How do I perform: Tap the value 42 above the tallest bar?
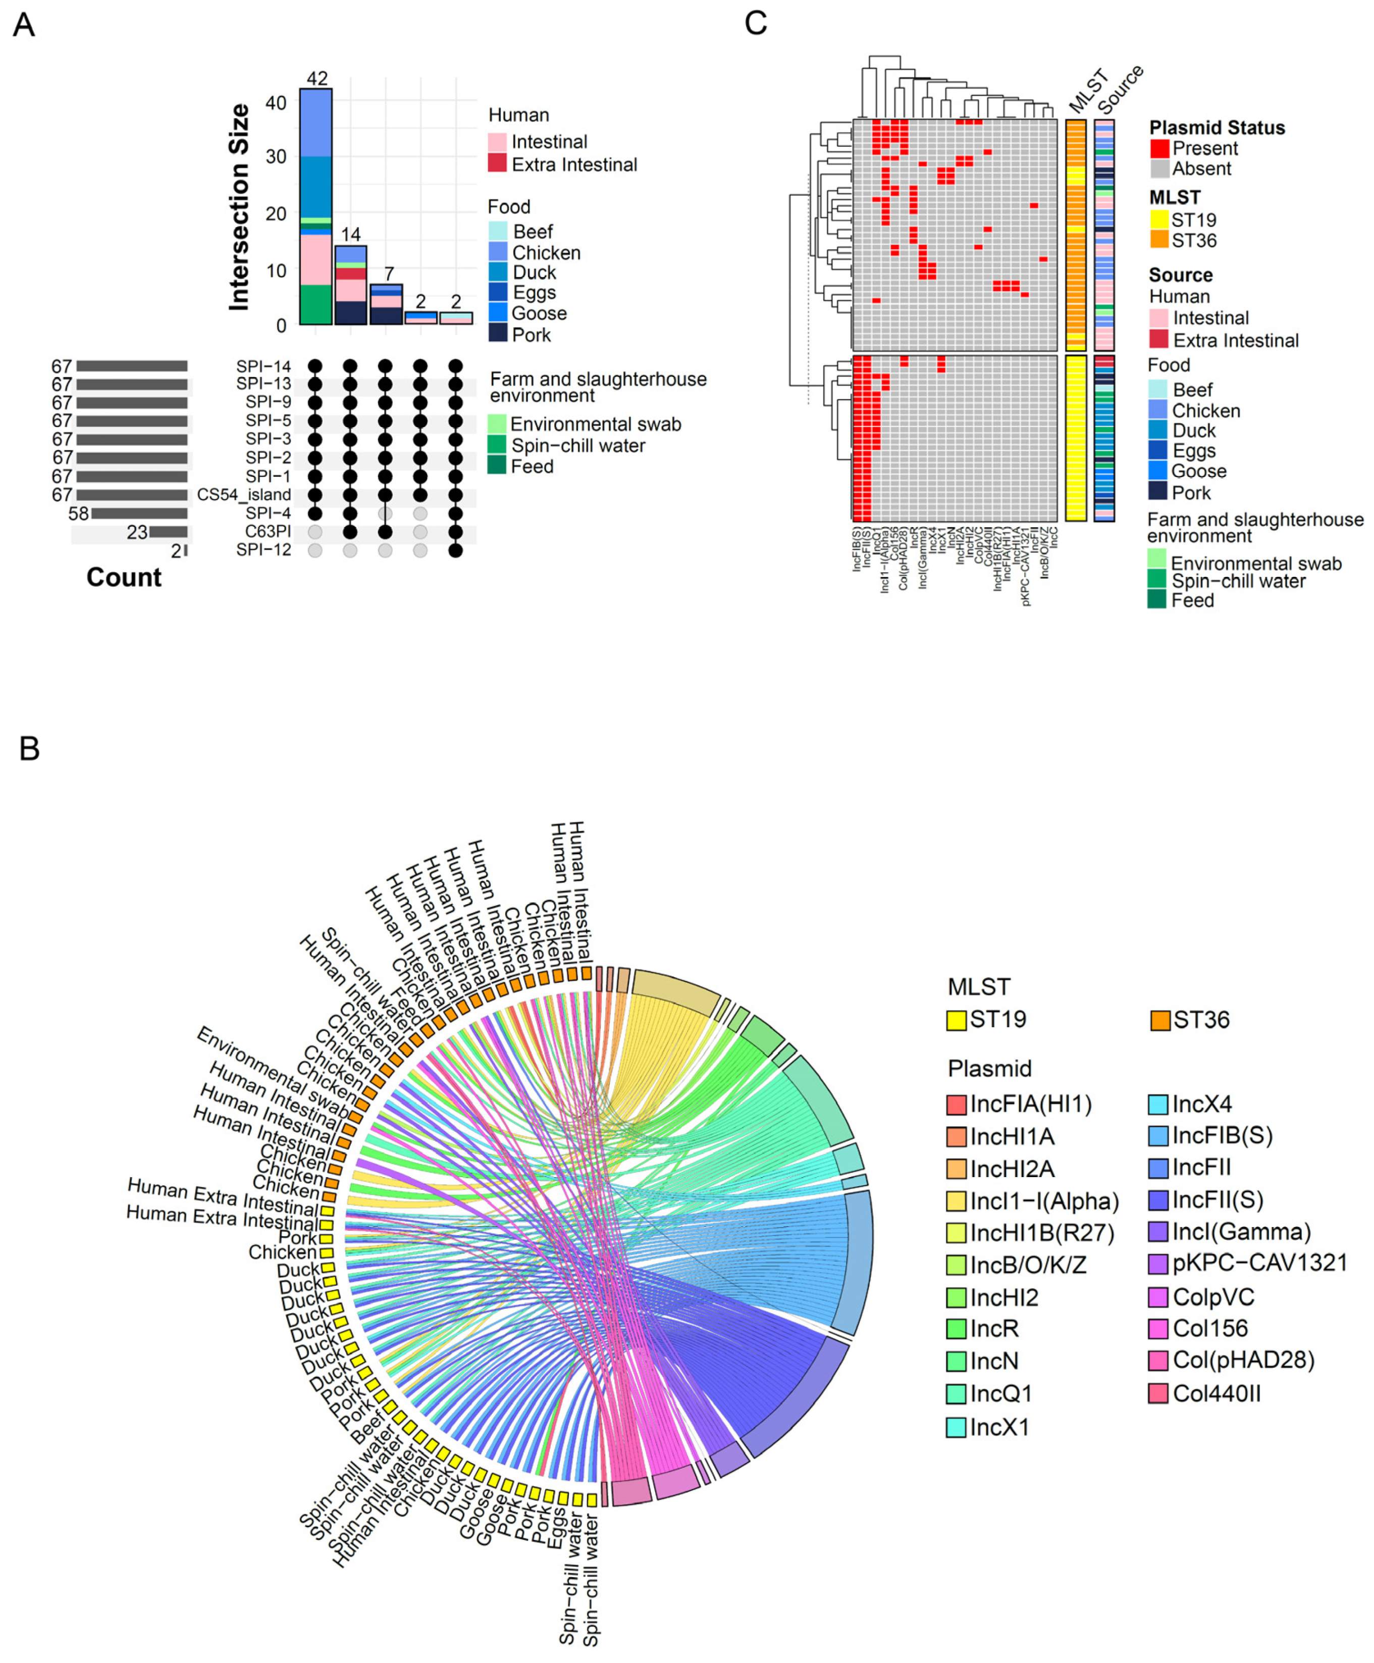(316, 78)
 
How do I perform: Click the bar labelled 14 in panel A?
(351, 285)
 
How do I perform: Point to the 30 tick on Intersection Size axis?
(276, 156)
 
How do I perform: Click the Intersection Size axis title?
(239, 207)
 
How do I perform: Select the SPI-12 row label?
(263, 550)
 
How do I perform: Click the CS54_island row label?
(244, 494)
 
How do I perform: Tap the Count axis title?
(124, 578)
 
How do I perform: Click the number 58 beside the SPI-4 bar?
(78, 514)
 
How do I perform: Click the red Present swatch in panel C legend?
(1159, 148)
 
